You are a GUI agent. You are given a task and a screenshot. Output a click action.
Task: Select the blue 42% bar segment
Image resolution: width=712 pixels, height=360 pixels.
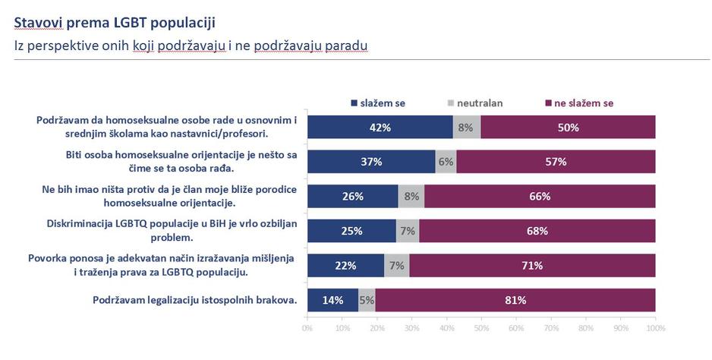(380, 127)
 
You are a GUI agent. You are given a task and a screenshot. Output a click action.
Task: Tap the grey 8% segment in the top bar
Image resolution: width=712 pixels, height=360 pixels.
(466, 127)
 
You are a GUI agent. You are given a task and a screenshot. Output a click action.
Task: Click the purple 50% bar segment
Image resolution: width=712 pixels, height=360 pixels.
(568, 127)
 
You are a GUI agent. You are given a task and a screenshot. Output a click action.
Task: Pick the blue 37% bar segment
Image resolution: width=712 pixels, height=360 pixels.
(371, 162)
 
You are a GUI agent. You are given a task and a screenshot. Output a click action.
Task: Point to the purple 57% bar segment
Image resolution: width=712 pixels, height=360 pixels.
(556, 162)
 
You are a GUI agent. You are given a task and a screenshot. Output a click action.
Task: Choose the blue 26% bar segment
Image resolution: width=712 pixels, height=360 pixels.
(352, 196)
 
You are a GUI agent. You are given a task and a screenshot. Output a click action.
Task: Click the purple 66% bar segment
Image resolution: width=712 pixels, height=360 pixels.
(540, 196)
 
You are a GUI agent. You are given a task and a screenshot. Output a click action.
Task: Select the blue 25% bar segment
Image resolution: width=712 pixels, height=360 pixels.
(351, 231)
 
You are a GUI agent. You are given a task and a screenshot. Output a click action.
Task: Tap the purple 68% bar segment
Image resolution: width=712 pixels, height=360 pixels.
(537, 231)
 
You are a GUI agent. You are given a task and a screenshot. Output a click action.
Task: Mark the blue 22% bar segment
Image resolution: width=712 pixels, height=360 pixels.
(345, 266)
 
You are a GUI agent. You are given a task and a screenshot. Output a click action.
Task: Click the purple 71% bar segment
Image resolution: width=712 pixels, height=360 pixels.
(531, 266)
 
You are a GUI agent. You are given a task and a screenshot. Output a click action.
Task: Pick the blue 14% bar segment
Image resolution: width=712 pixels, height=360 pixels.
(332, 300)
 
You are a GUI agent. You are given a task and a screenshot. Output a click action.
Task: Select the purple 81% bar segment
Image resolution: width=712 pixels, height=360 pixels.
(515, 300)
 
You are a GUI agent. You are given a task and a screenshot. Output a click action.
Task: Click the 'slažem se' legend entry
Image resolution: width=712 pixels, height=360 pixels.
(378, 103)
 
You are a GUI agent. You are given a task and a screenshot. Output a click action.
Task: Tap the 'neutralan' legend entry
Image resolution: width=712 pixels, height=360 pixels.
(474, 103)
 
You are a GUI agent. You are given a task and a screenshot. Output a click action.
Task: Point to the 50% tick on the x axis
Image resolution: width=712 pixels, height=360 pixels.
(481, 328)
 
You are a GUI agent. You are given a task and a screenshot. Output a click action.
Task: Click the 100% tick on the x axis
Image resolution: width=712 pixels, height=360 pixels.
(655, 328)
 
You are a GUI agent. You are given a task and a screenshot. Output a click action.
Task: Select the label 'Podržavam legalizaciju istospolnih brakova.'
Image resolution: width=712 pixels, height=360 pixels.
(194, 300)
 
